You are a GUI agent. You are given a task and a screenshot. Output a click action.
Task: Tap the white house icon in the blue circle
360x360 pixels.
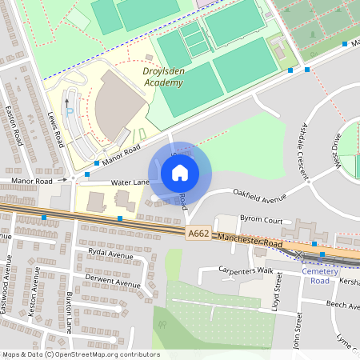click(180, 172)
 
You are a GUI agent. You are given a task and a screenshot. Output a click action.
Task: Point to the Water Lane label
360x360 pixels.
click(130, 182)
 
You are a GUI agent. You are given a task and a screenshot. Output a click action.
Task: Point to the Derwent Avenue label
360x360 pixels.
click(112, 281)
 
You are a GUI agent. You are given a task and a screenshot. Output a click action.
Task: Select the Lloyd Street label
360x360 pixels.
click(277, 291)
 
